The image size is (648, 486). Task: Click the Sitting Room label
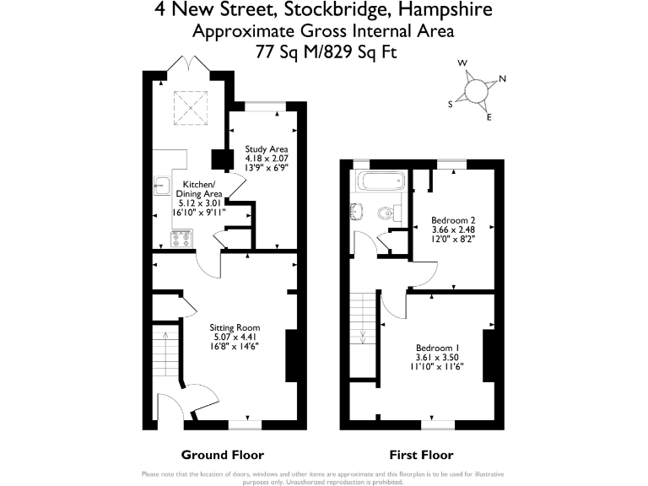235,327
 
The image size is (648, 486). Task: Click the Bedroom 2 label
447,219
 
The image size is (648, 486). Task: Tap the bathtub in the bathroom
381,181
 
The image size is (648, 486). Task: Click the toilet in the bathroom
390,213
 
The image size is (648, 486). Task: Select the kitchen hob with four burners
180,239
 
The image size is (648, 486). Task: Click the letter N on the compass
503,79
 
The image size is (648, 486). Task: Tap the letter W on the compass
462,63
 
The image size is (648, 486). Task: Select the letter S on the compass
451,103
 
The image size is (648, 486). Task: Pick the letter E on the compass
489,117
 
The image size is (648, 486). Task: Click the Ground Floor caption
223,453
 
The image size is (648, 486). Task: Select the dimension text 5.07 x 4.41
235,337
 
